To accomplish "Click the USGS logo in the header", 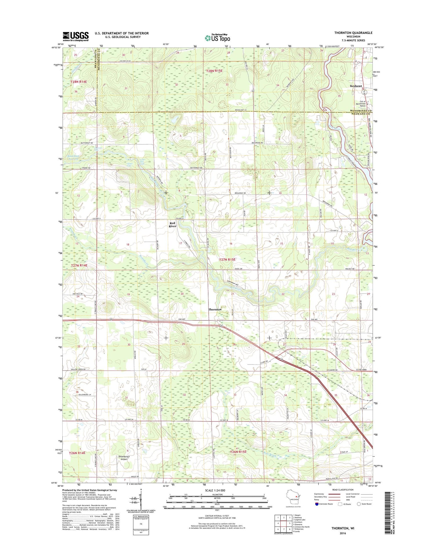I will [x=76, y=36].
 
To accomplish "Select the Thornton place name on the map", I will [x=215, y=309].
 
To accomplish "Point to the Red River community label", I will [x=173, y=225].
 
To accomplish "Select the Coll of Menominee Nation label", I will [x=362, y=104].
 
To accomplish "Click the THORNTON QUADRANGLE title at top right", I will [x=353, y=33].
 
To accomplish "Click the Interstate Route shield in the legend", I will [x=317, y=504].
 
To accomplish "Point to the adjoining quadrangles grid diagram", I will [x=284, y=523].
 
